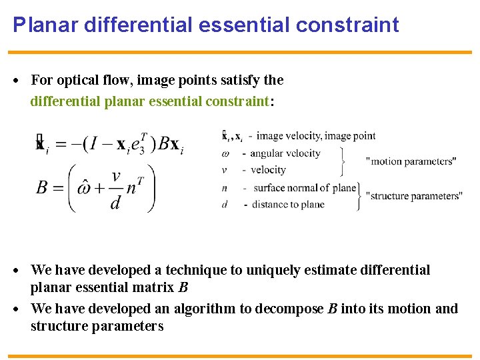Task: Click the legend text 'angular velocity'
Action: click(x=285, y=153)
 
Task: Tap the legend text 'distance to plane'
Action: click(x=289, y=204)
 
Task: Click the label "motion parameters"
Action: click(x=411, y=161)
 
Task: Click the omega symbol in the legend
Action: click(x=225, y=153)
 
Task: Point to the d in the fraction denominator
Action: click(x=115, y=203)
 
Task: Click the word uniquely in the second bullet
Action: click(x=271, y=270)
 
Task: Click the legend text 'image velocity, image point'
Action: click(x=316, y=136)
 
